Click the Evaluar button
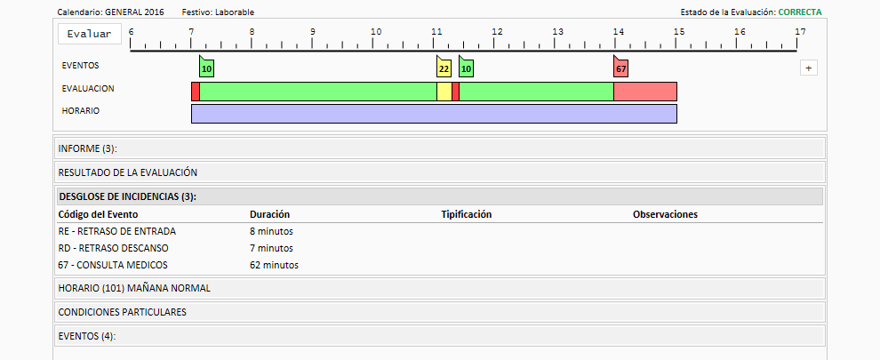[x=89, y=34]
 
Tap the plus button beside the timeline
[x=808, y=68]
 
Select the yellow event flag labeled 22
[x=444, y=67]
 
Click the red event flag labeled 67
[x=620, y=67]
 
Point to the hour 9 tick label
[x=313, y=31]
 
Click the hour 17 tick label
[x=800, y=31]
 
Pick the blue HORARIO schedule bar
[x=434, y=114]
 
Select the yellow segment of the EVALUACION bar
[x=444, y=92]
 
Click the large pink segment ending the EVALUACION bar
[x=644, y=92]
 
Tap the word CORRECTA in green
[x=800, y=12]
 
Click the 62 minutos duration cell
[x=274, y=265]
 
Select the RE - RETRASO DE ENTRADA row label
[x=116, y=231]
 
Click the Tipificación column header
[x=467, y=214]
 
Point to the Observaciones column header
[x=665, y=214]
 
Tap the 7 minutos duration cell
[x=271, y=248]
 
